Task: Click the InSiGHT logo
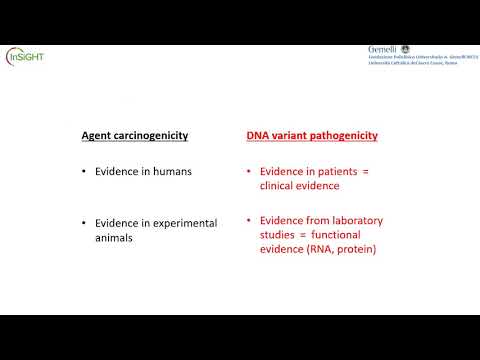point(25,56)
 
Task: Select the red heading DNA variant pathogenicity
point(312,135)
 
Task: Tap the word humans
point(171,171)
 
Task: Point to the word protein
point(355,249)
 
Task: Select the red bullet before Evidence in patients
point(249,171)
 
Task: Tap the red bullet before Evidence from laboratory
point(249,220)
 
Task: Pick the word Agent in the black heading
point(97,135)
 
